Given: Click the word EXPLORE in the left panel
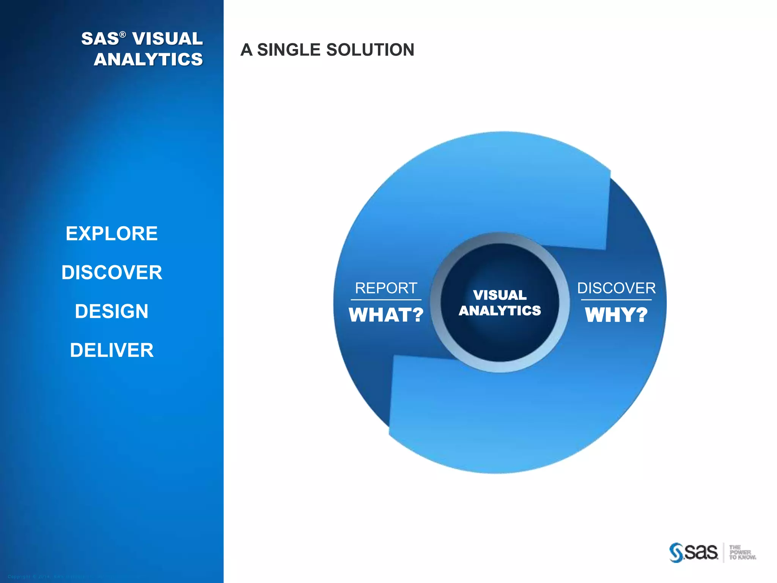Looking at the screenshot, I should pos(112,233).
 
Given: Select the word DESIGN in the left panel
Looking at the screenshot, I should pos(112,311).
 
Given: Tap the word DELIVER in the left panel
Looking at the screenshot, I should pos(112,350).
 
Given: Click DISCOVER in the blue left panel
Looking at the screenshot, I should pos(112,273).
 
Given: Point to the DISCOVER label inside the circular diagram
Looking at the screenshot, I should pos(616,288).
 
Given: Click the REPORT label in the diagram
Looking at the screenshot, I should pos(386,288).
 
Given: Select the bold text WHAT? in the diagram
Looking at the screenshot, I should pos(386,315).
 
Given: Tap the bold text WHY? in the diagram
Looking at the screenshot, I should pos(616,315).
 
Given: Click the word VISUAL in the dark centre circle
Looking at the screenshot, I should pos(500,295).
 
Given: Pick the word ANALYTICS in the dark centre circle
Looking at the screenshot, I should pos(500,310).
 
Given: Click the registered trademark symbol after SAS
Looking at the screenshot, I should pos(123,35).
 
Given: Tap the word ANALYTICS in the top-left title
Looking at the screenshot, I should pos(148,60).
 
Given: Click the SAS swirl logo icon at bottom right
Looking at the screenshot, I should pos(676,553).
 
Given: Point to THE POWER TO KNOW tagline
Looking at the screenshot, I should pos(742,552).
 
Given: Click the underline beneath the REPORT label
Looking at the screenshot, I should pos(386,300).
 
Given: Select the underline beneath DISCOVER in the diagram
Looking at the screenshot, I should pos(616,300).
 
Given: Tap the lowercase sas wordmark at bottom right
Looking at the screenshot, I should pos(701,552).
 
